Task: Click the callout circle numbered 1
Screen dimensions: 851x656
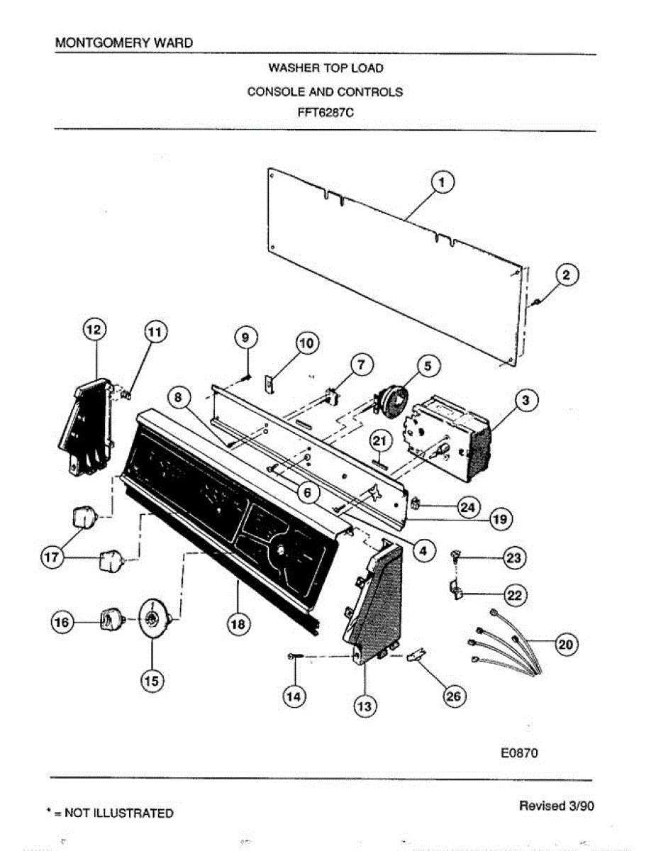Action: pos(443,183)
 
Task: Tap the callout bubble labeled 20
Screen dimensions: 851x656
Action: pos(565,645)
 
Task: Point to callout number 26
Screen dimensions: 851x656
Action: pos(452,696)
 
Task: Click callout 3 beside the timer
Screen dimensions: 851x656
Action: pos(526,401)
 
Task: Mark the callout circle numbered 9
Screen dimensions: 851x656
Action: pos(245,338)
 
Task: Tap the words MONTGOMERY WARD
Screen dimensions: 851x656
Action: pos(123,43)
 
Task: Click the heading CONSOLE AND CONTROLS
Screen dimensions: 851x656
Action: pos(325,91)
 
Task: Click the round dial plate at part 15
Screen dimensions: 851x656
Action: pos(152,619)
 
